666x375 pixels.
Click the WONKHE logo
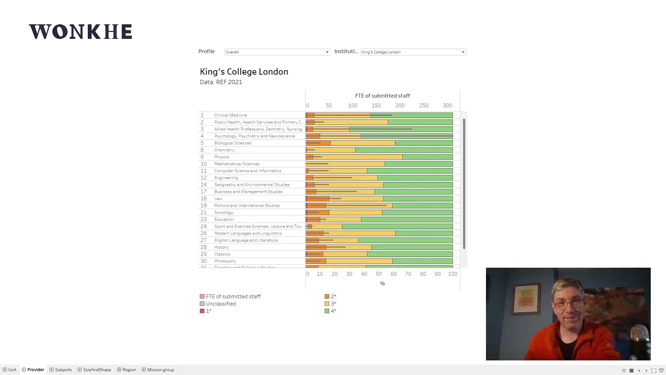pyautogui.click(x=80, y=32)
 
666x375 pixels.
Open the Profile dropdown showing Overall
pyautogui.click(x=277, y=52)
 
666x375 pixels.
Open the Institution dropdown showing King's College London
pyautogui.click(x=413, y=52)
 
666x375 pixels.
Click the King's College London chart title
pyautogui.click(x=244, y=72)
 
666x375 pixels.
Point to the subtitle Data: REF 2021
pyautogui.click(x=221, y=82)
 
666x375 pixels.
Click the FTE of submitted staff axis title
pyautogui.click(x=382, y=96)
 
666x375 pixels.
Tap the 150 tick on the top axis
pyautogui.click(x=376, y=106)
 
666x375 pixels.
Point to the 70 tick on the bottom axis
pyautogui.click(x=408, y=274)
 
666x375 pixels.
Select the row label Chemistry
pyautogui.click(x=224, y=150)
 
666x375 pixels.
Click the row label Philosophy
pyautogui.click(x=225, y=261)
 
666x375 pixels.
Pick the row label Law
pyautogui.click(x=218, y=199)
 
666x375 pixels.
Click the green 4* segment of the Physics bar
pyautogui.click(x=427, y=157)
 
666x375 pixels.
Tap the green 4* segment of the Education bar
pyautogui.click(x=407, y=219)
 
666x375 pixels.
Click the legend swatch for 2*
pyautogui.click(x=327, y=297)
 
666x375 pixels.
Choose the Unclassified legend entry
pyautogui.click(x=221, y=304)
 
